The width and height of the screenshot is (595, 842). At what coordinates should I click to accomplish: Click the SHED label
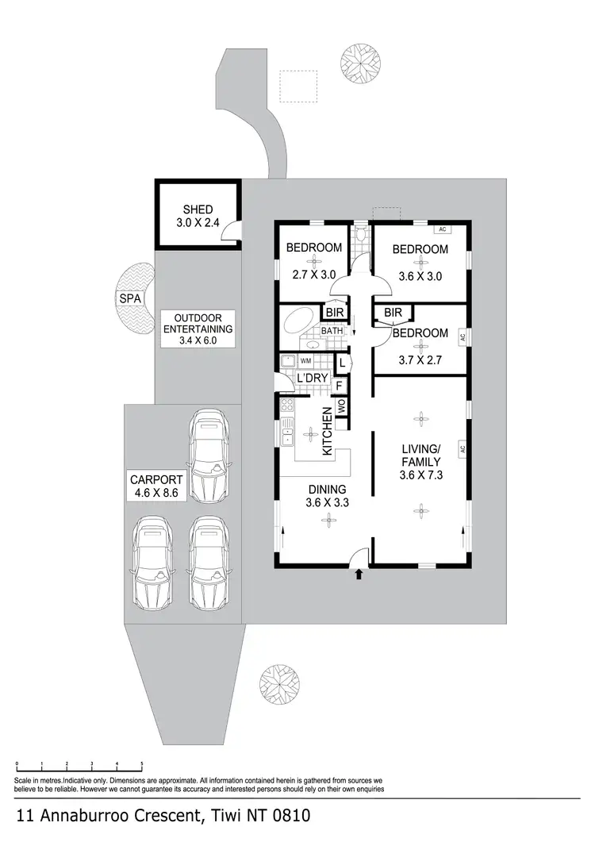click(x=197, y=210)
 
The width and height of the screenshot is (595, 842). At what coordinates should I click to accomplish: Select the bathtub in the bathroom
click(x=299, y=325)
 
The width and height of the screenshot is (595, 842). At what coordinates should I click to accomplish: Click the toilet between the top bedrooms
click(x=361, y=236)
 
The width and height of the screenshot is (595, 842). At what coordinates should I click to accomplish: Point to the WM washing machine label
click(x=305, y=361)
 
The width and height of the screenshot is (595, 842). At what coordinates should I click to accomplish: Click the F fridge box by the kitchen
click(x=340, y=386)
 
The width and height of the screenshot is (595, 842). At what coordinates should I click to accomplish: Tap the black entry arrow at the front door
click(x=359, y=574)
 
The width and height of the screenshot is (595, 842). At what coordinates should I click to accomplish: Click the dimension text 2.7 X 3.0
click(x=313, y=276)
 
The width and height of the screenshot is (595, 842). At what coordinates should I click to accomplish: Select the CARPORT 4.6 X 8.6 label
click(x=156, y=486)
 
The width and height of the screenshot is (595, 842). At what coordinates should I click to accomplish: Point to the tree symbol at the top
click(x=360, y=62)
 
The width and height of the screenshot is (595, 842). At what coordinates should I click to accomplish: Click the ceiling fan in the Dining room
click(x=327, y=519)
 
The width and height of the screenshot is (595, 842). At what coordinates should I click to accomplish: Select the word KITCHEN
click(x=325, y=432)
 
